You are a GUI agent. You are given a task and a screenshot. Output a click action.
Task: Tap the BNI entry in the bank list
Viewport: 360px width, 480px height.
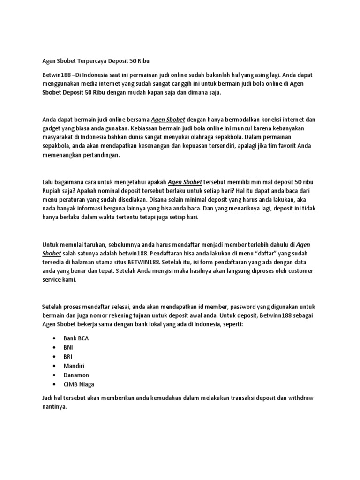pos(68,347)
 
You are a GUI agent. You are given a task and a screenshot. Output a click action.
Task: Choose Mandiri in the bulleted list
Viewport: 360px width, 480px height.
pos(74,366)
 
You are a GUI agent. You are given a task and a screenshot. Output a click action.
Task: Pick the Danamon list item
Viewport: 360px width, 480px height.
pos(76,375)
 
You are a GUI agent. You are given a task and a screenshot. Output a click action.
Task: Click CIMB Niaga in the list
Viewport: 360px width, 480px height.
pos(79,384)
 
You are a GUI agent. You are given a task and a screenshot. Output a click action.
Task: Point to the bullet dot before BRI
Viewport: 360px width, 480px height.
pos(55,357)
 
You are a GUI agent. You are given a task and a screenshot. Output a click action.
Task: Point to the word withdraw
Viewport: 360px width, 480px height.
pos(299,398)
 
